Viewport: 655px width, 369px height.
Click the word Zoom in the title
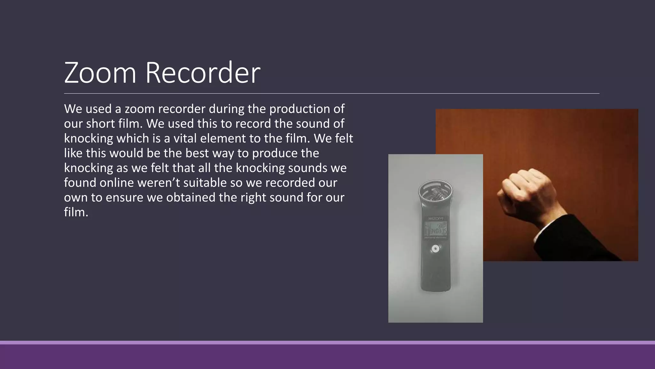[x=100, y=73]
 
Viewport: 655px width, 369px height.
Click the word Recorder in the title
[x=203, y=73]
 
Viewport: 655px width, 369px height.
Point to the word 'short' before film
[x=100, y=124]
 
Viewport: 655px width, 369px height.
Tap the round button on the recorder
[x=435, y=249]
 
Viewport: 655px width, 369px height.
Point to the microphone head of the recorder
[x=435, y=194]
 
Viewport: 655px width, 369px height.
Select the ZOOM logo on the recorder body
[x=436, y=218]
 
